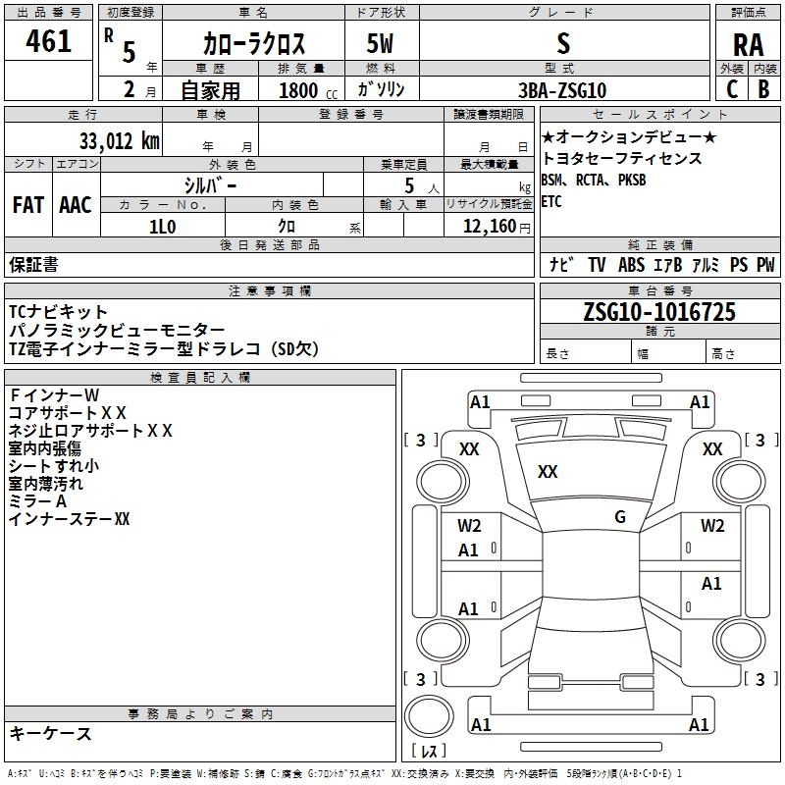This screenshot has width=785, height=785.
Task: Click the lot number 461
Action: pyautogui.click(x=48, y=41)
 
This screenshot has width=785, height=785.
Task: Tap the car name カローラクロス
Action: pyautogui.click(x=253, y=43)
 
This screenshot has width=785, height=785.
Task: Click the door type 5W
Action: pyautogui.click(x=381, y=43)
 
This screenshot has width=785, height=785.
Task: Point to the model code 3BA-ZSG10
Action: pyautogui.click(x=560, y=89)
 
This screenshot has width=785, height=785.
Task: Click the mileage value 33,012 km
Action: pyautogui.click(x=119, y=141)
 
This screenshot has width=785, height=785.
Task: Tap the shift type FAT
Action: pyautogui.click(x=28, y=205)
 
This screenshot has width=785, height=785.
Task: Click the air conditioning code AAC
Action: pyautogui.click(x=76, y=205)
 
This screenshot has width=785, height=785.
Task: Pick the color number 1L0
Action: pyautogui.click(x=162, y=227)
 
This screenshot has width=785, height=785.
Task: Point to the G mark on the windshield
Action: pyautogui.click(x=619, y=517)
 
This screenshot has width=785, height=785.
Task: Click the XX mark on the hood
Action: pyautogui.click(x=548, y=472)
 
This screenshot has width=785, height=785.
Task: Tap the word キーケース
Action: pyautogui.click(x=50, y=733)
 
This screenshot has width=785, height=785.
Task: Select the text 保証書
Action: pyautogui.click(x=33, y=264)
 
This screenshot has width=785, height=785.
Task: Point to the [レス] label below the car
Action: pyautogui.click(x=429, y=752)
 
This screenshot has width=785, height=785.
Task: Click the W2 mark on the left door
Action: pyautogui.click(x=469, y=525)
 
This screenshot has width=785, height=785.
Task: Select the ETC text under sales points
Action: pyautogui.click(x=551, y=202)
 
